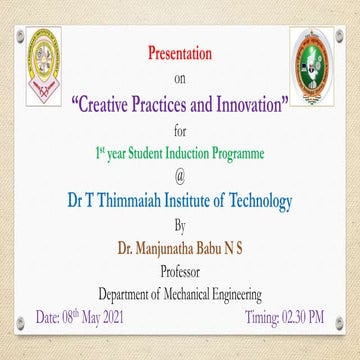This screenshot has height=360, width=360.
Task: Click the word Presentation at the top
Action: coord(180,51)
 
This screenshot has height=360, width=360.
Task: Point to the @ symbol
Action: coord(180,178)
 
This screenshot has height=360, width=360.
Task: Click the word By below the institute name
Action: coord(180,225)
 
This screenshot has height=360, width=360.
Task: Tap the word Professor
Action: coord(180,268)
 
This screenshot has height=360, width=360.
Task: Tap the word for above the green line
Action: coord(180,130)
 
